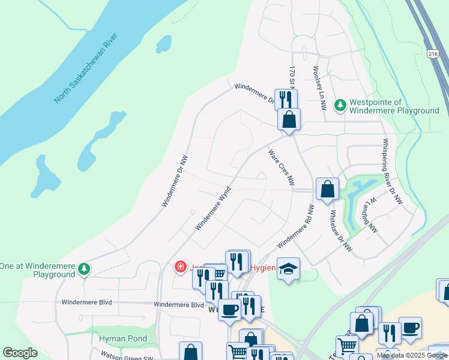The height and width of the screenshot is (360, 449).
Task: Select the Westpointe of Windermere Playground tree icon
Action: pos(340,106)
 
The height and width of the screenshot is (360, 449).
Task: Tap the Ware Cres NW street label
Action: pos(282,167)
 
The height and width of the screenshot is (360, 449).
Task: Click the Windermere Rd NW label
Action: pos(295,227)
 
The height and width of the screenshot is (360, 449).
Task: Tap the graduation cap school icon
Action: pos(289,268)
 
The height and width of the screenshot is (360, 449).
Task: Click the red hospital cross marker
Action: pos(179,267)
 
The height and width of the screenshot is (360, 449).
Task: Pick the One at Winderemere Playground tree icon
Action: pos(85,269)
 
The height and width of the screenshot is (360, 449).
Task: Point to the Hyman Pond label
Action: pos(123,339)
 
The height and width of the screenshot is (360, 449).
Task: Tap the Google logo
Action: pos(20,353)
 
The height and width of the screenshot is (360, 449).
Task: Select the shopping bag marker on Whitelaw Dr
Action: pos(327,189)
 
